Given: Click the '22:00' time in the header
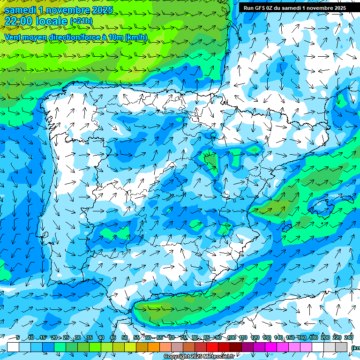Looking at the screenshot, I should click(19, 21).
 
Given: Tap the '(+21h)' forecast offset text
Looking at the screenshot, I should click(81, 21).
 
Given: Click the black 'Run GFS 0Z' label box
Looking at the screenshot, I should click(295, 8).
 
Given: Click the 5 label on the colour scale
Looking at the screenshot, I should click(17, 337).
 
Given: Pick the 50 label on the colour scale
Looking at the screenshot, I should click(125, 337).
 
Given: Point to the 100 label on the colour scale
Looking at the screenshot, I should click(231, 337).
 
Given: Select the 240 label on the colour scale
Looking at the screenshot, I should click(349, 337).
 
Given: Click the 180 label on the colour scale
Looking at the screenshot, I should click(314, 337).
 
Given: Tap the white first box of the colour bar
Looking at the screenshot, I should click(13, 347).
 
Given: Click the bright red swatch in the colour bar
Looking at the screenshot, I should click(212, 347).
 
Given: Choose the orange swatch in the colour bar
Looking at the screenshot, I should click(154, 347).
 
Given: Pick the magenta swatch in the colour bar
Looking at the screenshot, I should click(271, 347).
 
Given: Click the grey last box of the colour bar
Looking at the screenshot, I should click(341, 347).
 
